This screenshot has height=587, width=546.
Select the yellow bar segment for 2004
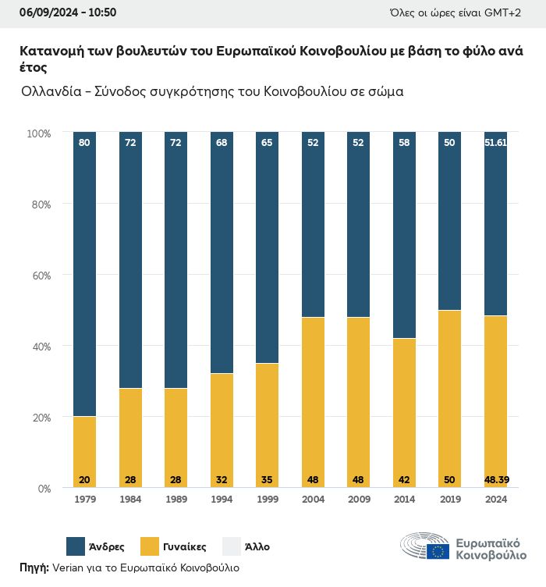point(313,402)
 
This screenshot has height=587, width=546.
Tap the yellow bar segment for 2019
point(449,398)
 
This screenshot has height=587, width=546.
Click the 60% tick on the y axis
point(40,276)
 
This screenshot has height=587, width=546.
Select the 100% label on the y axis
point(38,133)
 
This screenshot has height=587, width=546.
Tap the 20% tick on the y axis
point(40,418)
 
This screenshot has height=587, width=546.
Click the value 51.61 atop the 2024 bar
point(495,143)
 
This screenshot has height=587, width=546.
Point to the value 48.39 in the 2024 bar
point(495,478)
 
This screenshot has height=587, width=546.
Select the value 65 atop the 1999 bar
point(267,143)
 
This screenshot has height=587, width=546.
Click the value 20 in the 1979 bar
point(84,478)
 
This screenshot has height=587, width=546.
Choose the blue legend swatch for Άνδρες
point(76,546)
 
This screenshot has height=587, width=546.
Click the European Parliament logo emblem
point(424,546)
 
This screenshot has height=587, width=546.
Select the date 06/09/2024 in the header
point(37,12)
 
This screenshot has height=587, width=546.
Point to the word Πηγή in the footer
point(34,567)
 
